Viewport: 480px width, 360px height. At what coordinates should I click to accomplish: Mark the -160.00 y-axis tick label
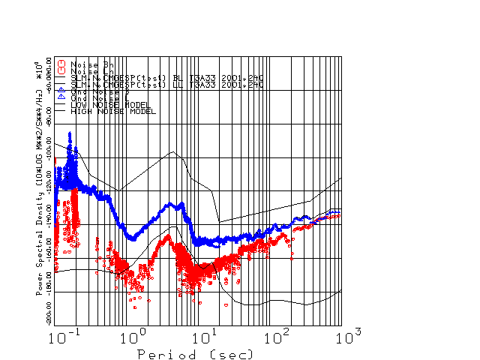[x=49, y=243]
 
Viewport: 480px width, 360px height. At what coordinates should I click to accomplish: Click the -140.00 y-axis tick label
[x=49, y=210]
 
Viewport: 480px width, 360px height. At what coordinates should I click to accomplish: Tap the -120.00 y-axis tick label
[x=49, y=177]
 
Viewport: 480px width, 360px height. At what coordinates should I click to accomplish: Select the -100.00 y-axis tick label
[x=49, y=144]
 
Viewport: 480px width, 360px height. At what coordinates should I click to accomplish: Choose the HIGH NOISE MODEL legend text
[x=113, y=111]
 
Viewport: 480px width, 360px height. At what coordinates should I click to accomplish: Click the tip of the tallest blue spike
[x=70, y=133]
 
